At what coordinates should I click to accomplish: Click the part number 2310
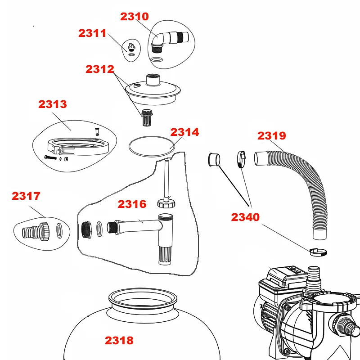(x=135, y=17)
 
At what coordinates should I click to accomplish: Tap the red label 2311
(x=92, y=33)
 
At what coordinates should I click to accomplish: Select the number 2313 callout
(x=53, y=104)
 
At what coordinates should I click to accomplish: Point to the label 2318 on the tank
(x=119, y=341)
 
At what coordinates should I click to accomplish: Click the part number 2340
(x=245, y=217)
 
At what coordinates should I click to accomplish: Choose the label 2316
(x=132, y=204)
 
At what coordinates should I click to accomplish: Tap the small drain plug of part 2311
(x=131, y=47)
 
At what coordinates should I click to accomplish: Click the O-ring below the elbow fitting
(x=157, y=59)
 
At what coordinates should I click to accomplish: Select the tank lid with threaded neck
(x=153, y=90)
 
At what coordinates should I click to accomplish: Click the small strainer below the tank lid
(x=146, y=117)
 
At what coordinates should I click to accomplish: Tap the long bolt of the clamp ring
(x=50, y=157)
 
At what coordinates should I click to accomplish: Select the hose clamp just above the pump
(x=318, y=252)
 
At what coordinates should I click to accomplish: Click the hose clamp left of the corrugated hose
(x=241, y=159)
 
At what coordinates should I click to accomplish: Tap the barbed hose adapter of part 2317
(x=36, y=231)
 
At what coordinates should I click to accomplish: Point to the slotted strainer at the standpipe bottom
(x=165, y=255)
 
